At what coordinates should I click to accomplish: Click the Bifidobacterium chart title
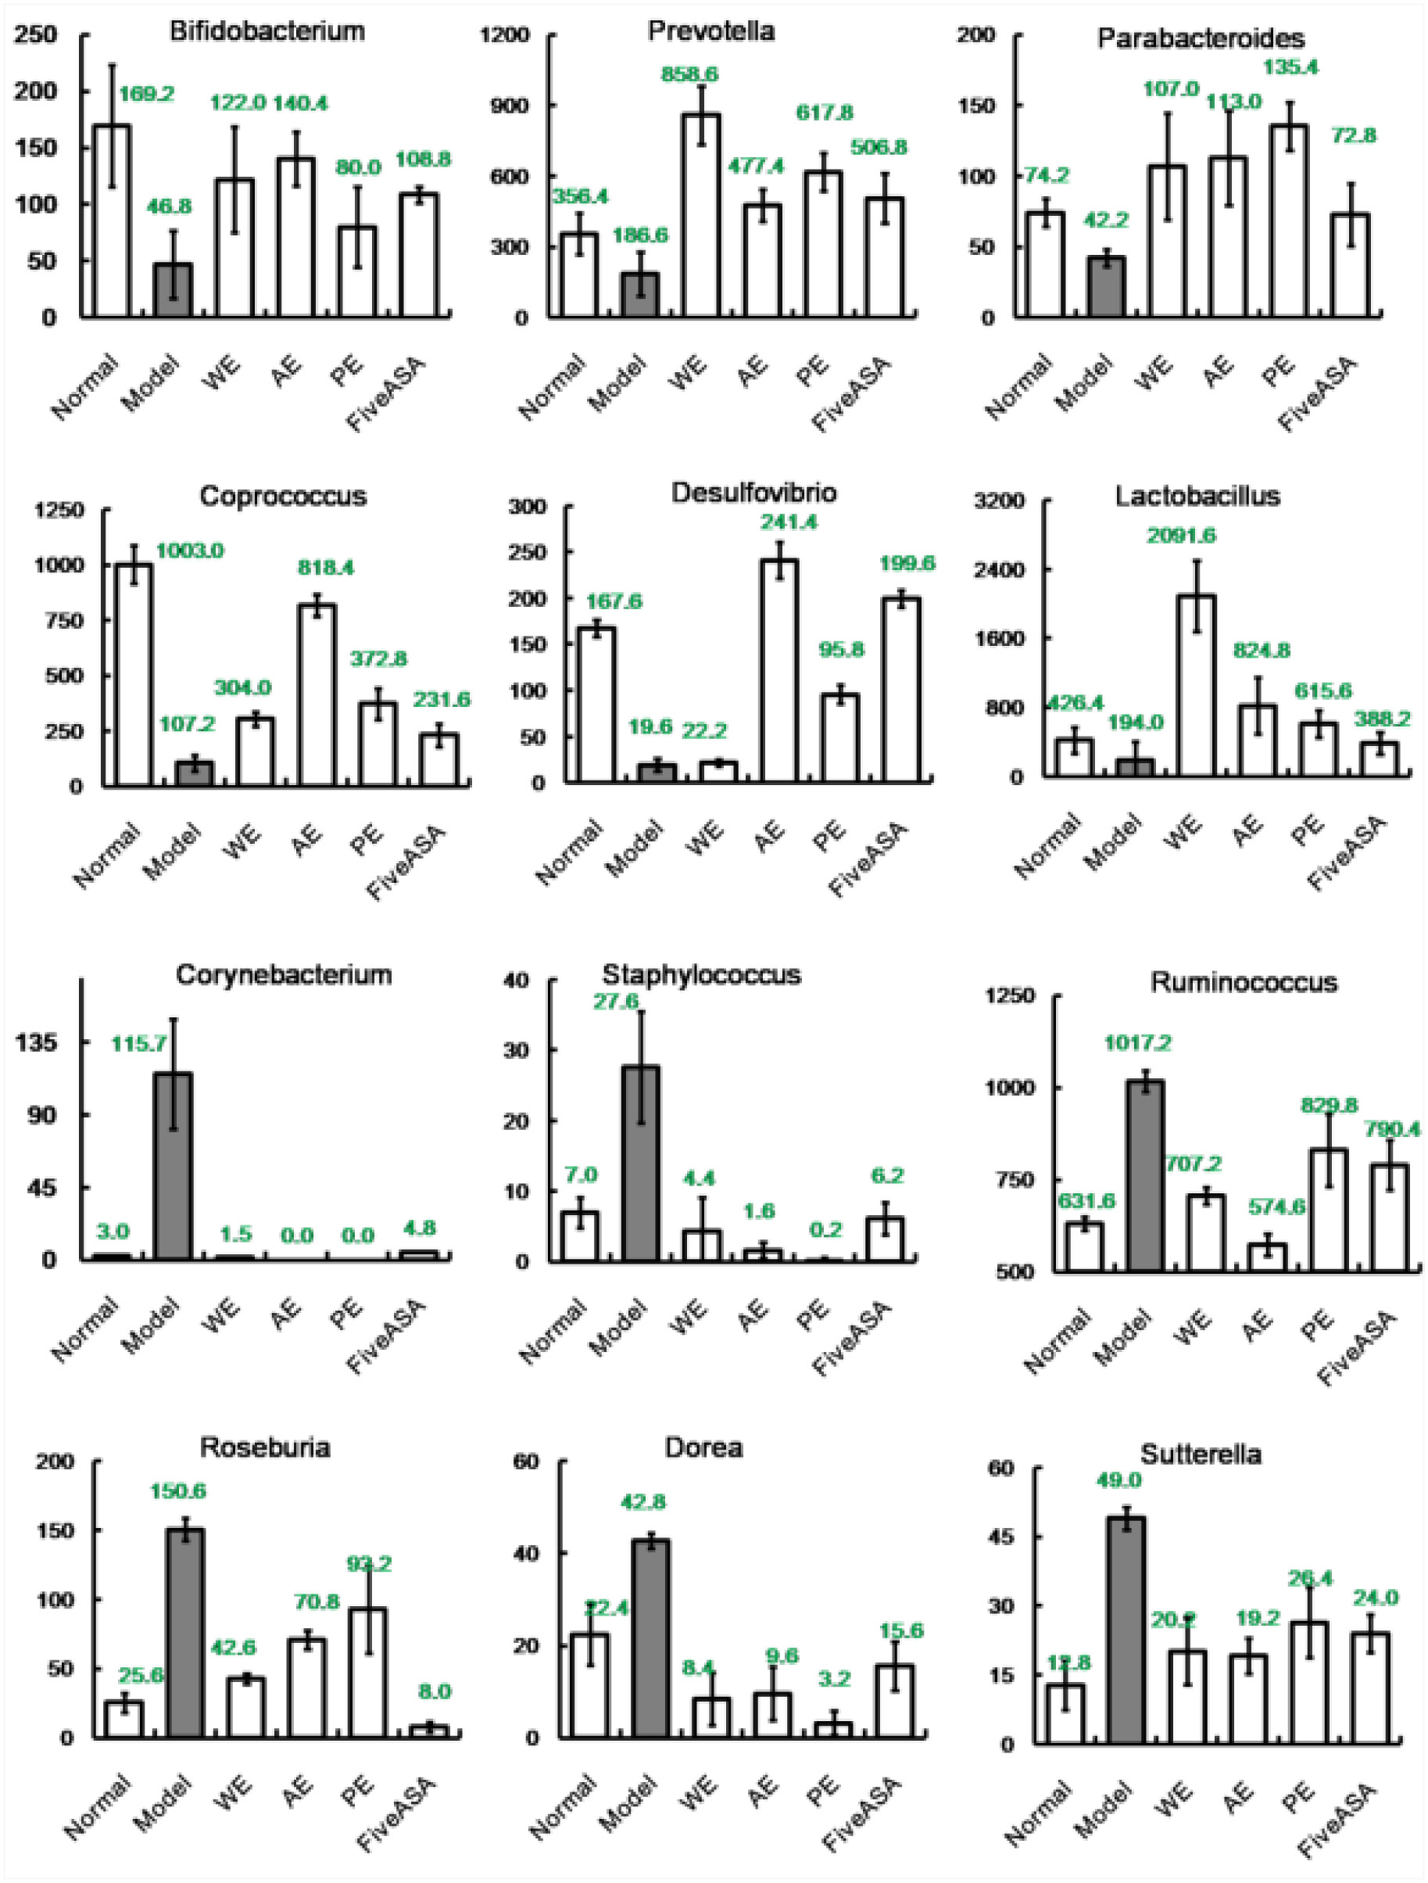[x=267, y=31]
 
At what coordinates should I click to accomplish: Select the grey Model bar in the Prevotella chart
[x=639, y=294]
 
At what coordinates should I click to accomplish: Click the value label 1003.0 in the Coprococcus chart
[x=189, y=551]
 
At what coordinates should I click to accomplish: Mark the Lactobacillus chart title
[x=1197, y=496]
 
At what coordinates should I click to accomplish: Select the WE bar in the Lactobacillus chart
[x=1196, y=684]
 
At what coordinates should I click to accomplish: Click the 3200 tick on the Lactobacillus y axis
[x=999, y=500]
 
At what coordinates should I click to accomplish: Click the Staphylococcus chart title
[x=701, y=974]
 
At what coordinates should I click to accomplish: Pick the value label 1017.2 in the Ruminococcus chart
[x=1139, y=1043]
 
